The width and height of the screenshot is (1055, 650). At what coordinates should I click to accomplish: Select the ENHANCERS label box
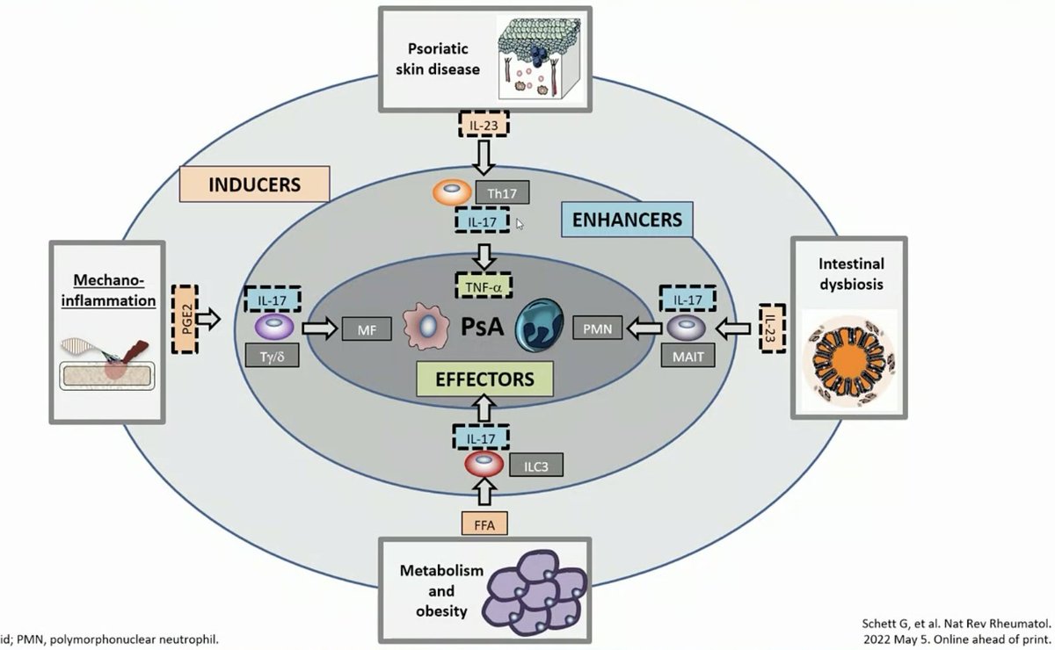coord(625,220)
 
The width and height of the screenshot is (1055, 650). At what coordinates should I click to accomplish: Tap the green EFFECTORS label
coord(485,379)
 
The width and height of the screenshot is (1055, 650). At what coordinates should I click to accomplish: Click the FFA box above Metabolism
coord(485,524)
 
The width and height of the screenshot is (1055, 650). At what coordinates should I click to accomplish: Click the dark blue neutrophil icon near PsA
coord(543,323)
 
